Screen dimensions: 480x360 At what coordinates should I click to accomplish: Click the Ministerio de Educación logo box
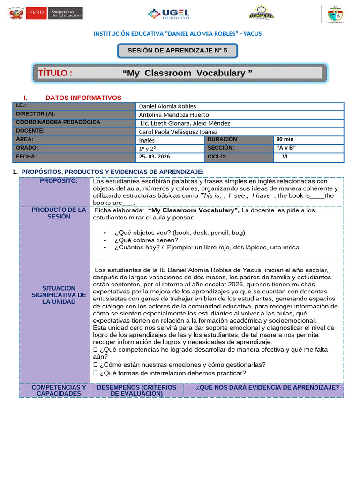66,13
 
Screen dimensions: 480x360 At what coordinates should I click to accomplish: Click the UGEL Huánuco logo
168,14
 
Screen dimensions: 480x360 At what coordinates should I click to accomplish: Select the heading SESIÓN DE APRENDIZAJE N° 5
178,51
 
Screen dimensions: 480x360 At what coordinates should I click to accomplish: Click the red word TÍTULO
55,73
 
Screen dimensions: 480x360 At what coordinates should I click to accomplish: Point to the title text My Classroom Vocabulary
187,73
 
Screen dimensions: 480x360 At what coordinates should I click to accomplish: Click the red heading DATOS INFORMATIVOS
83,97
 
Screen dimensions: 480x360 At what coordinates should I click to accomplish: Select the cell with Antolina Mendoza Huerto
174,114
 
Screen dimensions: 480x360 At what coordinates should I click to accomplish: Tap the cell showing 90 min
285,140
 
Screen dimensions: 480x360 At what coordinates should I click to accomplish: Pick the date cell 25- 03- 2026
155,157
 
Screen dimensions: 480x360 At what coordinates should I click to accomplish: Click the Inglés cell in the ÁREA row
147,140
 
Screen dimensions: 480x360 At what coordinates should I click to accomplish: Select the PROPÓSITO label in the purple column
59,181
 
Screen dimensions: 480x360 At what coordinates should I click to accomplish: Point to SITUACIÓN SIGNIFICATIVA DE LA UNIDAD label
59,295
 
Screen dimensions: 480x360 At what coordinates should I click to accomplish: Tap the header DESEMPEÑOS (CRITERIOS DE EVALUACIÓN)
136,390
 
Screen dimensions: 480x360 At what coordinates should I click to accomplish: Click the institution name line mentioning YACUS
178,34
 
